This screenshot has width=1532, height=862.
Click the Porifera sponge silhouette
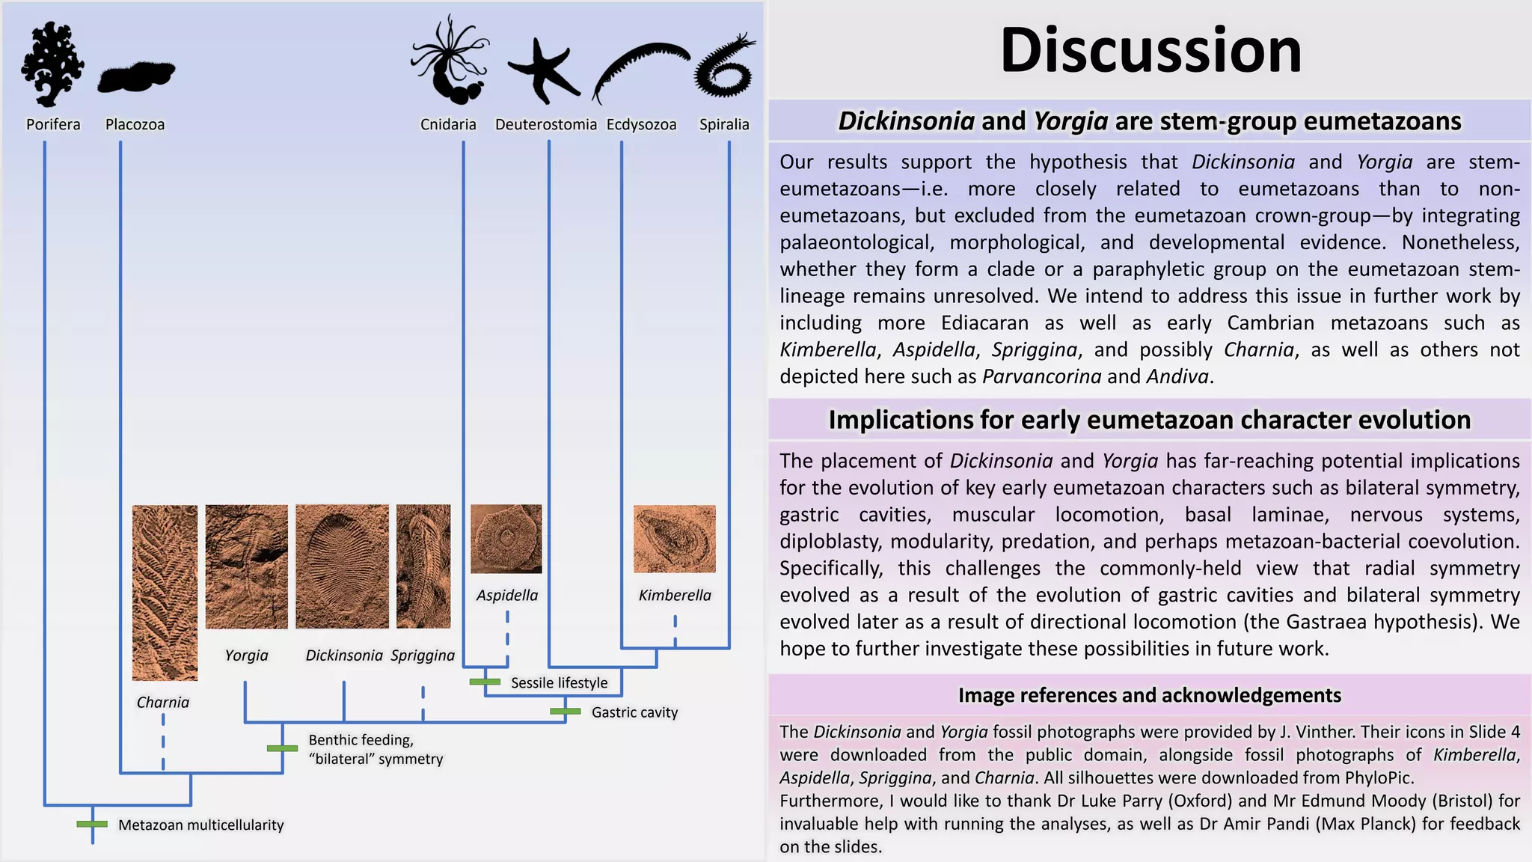pos(52,64)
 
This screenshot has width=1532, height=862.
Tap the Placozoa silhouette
pos(136,76)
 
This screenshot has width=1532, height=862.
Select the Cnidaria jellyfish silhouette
pos(450,60)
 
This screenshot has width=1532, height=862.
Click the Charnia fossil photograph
pos(165,593)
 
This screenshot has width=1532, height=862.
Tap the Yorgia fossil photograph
pos(246,566)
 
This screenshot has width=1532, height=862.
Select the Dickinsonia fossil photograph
pos(342,566)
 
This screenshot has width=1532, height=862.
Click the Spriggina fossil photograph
pos(423,566)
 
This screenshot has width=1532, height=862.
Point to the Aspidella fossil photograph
pos(506,539)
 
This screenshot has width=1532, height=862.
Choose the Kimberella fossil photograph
pos(674,539)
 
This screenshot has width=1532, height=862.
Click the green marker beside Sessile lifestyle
pos(485,682)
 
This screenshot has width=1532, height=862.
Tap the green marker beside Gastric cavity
pos(566,712)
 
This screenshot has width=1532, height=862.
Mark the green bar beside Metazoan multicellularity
pos(92,824)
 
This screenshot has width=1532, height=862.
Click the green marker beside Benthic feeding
pos(282,748)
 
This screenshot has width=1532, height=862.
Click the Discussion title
pos(1150,50)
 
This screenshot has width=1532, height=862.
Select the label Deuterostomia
pos(546,124)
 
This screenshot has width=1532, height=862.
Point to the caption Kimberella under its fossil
pos(675,595)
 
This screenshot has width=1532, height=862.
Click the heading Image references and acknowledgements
pos(1149,695)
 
